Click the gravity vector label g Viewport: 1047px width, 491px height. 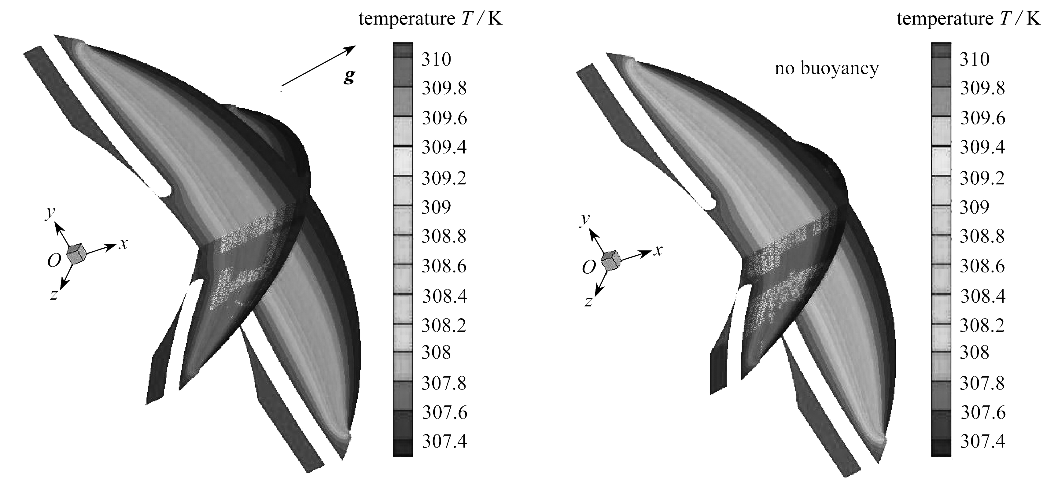[x=349, y=76]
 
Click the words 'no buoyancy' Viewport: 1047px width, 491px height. [x=827, y=68]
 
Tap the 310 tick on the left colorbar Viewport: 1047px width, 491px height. [x=436, y=59]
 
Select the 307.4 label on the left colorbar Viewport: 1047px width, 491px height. [x=444, y=441]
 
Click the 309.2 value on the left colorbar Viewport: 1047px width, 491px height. [x=444, y=178]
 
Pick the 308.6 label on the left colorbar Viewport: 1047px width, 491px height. [x=444, y=266]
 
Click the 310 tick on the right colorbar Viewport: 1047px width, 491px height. [x=974, y=59]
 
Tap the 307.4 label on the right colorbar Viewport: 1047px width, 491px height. [x=982, y=441]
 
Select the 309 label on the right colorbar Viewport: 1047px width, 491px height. [x=974, y=207]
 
